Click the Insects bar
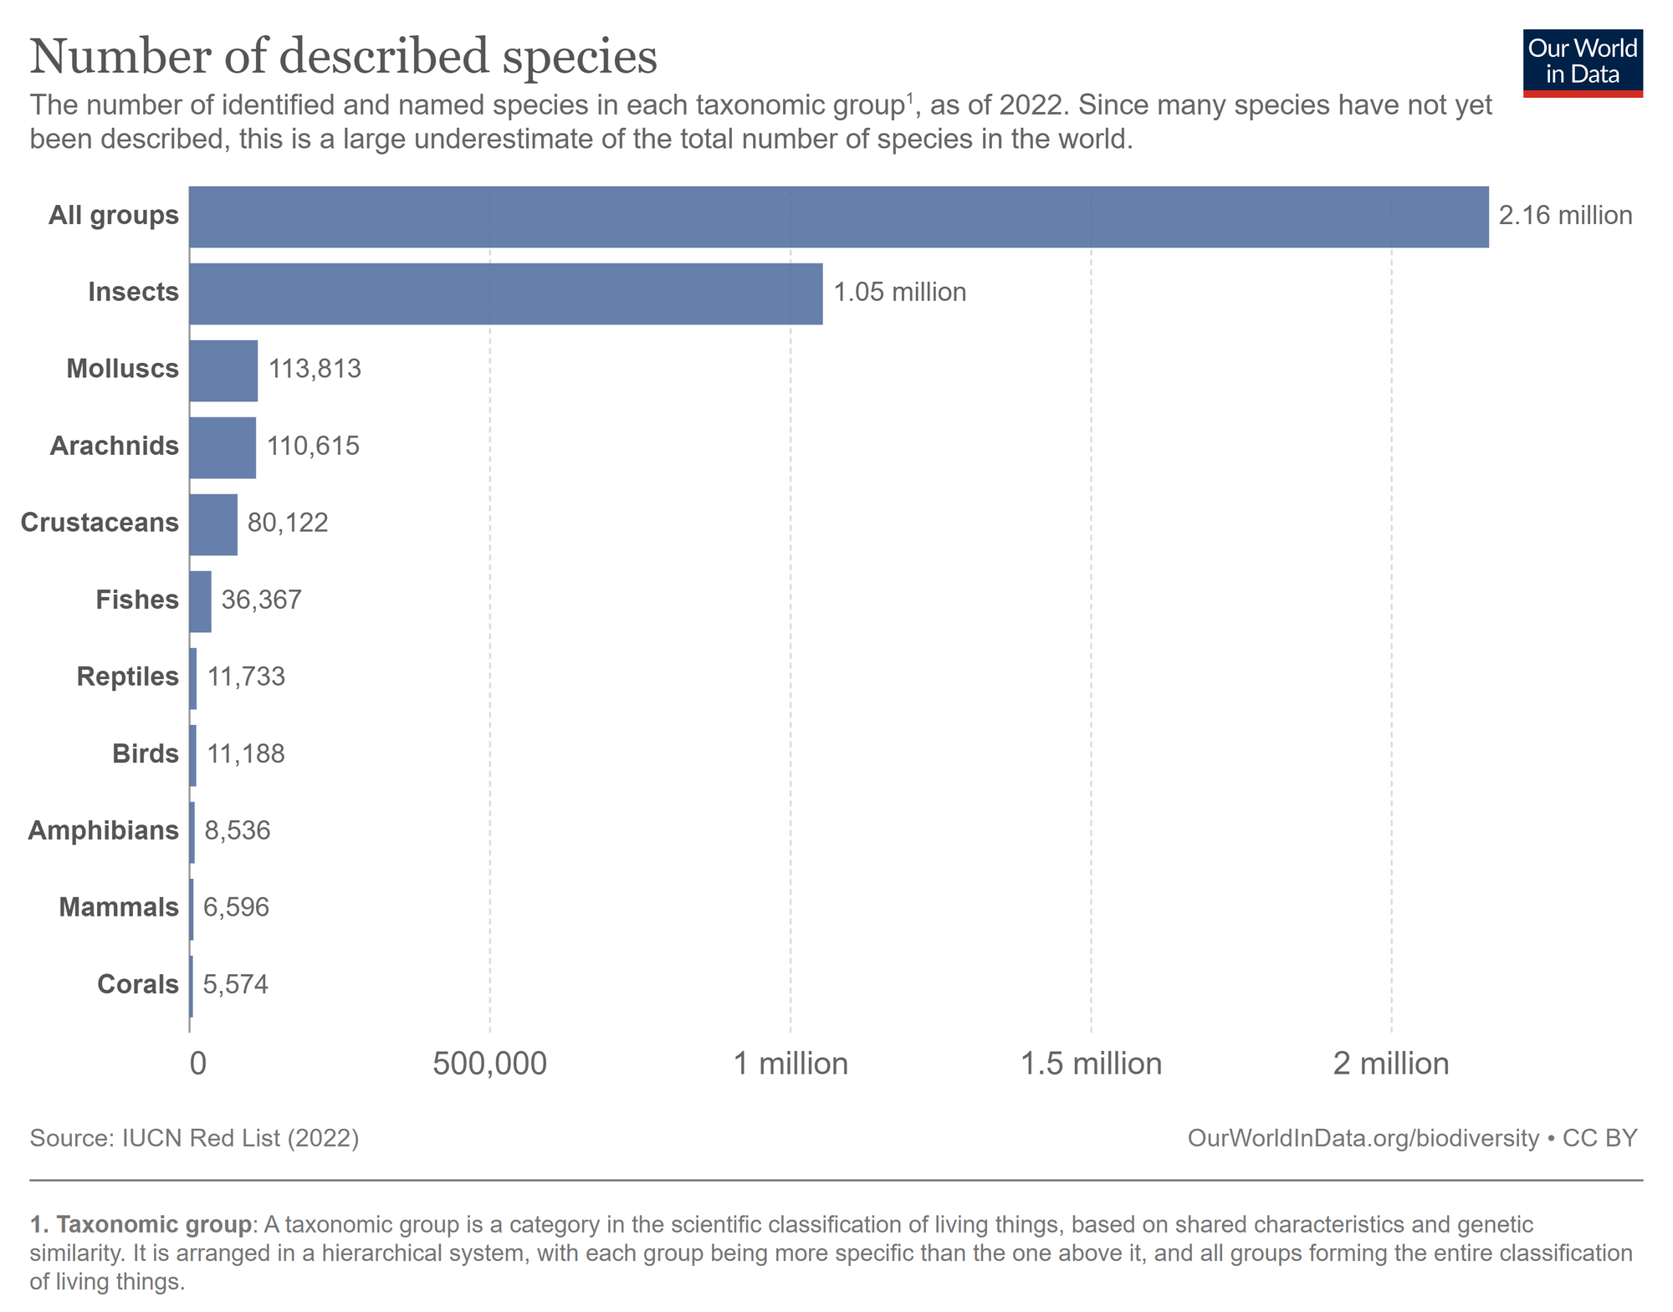[x=505, y=294]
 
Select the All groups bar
[x=838, y=217]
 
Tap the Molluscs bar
[x=223, y=370]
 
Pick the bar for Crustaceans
[x=212, y=524]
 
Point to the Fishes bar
[x=200, y=601]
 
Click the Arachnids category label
[x=115, y=446]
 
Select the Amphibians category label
[x=104, y=830]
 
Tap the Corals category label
[x=138, y=984]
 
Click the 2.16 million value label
[x=1565, y=216]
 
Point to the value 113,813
[x=315, y=369]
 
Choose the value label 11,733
[x=246, y=676]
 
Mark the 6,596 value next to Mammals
[x=236, y=907]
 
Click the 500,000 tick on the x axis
[x=489, y=1064]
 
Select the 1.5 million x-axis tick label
[x=1091, y=1064]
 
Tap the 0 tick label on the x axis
[x=197, y=1064]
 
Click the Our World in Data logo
[x=1583, y=64]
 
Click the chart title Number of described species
[x=343, y=57]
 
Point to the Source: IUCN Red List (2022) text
[x=194, y=1138]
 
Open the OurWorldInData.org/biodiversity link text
[x=1363, y=1138]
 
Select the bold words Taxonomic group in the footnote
[x=154, y=1224]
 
